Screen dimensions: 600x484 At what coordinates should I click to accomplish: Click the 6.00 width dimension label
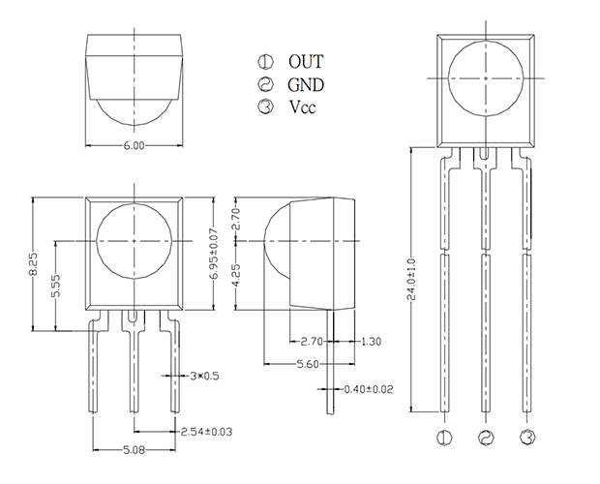134,146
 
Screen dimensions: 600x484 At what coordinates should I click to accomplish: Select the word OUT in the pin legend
306,62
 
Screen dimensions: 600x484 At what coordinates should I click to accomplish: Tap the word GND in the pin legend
306,84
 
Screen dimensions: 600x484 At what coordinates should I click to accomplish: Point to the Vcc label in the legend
302,106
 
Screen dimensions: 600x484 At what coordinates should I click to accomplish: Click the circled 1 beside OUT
265,61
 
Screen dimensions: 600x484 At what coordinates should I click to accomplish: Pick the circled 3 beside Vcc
265,106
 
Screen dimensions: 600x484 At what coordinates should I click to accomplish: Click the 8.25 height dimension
33,263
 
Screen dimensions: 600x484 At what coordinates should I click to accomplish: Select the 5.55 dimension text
56,285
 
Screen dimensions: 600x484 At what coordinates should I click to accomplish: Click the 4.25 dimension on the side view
236,275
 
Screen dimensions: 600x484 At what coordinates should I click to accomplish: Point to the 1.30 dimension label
371,342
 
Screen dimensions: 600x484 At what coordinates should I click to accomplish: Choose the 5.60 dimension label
308,364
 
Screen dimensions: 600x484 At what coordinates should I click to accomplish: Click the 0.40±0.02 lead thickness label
369,389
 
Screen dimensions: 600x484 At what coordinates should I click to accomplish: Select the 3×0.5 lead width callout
205,377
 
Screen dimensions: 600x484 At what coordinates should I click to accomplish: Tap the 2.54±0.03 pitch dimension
206,432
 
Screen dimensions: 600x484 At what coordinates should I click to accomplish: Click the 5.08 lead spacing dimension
134,450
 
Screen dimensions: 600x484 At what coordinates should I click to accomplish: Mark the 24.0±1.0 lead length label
411,280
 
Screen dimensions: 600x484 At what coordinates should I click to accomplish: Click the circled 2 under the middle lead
486,438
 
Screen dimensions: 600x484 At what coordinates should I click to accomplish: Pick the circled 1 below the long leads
444,438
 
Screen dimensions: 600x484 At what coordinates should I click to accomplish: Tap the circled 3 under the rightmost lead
527,438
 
